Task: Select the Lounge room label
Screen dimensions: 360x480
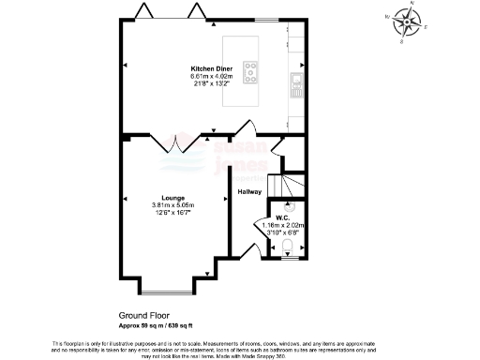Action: (x=172, y=198)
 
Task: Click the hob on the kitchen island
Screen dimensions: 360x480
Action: (x=251, y=68)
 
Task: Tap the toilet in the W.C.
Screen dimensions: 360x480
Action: (x=287, y=247)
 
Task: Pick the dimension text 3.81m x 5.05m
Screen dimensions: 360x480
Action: (x=172, y=206)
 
